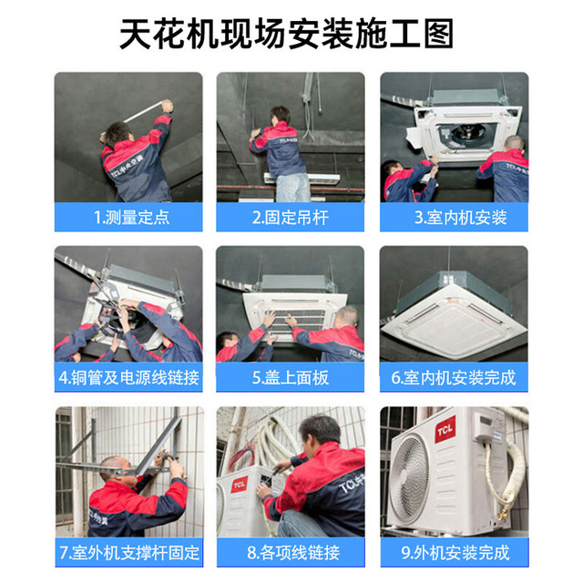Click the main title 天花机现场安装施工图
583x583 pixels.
(286, 34)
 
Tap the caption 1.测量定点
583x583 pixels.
(131, 218)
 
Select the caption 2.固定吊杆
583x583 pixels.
(291, 218)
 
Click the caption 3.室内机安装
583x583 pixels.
(461, 218)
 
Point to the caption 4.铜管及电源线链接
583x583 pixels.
(128, 378)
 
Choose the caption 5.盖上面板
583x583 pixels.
(291, 378)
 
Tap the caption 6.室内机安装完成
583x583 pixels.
(454, 378)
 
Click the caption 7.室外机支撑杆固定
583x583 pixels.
(129, 553)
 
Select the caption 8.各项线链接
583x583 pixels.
(293, 553)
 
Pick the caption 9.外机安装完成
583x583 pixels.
(455, 553)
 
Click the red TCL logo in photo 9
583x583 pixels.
(445, 430)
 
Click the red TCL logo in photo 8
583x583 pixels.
(239, 485)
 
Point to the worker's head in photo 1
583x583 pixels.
(118, 134)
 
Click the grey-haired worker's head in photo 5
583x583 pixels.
(347, 317)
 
